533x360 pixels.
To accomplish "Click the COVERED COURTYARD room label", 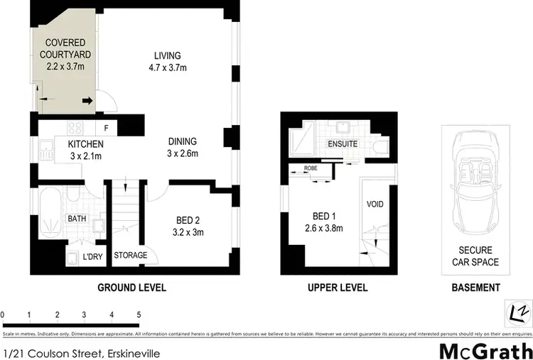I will pos(61,54).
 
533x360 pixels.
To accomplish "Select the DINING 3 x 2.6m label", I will pos(182,147).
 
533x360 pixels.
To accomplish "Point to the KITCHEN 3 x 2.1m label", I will pos(86,150).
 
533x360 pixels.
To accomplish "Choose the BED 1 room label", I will pos(328,222).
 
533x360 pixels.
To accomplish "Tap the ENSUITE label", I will pos(342,144).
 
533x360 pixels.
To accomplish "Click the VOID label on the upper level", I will pos(375,204).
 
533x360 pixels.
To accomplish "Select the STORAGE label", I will pos(131,255).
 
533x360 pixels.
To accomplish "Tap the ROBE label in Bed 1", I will pos(311,169).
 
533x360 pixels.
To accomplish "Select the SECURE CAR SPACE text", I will pos(475,256).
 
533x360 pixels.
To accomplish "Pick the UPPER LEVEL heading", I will pos(337,288).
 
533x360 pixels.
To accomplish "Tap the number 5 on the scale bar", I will pos(139,314).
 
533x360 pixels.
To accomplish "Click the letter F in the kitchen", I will pos(106,129).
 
